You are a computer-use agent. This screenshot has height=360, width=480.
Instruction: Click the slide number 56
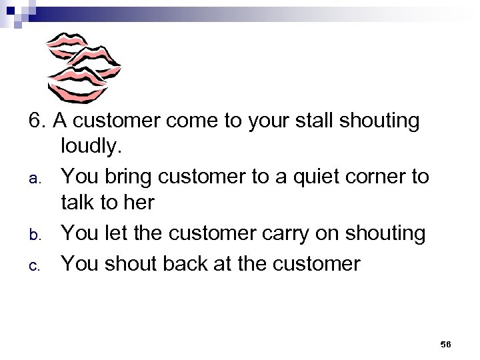click(445, 343)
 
